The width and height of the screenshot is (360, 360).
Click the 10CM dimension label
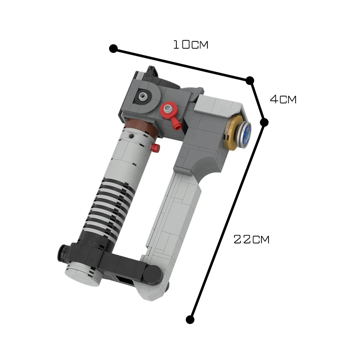190,45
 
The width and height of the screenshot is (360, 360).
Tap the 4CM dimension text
283,99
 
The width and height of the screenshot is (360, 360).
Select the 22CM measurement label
251,239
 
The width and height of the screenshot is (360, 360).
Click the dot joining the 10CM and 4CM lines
250,80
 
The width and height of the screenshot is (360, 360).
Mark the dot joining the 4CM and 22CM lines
264,122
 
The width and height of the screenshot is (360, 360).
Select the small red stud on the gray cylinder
155,148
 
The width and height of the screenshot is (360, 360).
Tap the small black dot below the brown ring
133,136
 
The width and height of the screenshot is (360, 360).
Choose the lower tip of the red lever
177,127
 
